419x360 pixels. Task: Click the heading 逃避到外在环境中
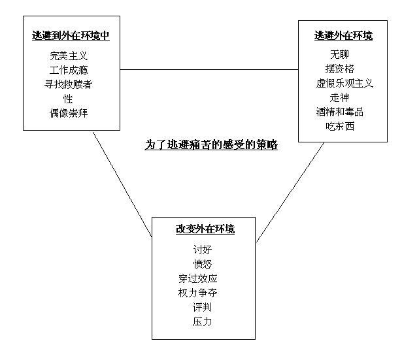[71, 36]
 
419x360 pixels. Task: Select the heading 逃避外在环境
[343, 36]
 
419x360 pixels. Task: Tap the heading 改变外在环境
[205, 229]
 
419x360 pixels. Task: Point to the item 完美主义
[69, 56]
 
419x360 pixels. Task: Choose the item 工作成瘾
[69, 70]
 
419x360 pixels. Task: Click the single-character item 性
[69, 99]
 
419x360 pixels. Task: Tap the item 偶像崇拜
[69, 113]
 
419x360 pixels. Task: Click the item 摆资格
[340, 69]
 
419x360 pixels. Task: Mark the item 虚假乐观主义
[344, 83]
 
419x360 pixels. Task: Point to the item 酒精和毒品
[340, 112]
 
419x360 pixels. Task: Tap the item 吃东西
[340, 126]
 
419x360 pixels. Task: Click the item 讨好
[203, 250]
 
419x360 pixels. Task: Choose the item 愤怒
[203, 264]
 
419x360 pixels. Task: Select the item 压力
[203, 321]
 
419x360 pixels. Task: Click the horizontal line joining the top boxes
[209, 69]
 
